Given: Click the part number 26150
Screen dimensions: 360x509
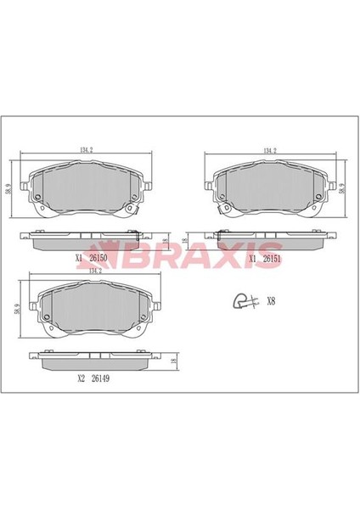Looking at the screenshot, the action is tap(98, 258).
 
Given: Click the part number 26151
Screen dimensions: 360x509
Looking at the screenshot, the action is tap(272, 259).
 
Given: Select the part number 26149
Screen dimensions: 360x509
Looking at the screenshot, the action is tap(100, 378).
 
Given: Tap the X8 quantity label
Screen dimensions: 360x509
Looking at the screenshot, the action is tap(271, 301).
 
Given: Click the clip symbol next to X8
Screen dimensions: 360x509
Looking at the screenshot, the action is tap(246, 301).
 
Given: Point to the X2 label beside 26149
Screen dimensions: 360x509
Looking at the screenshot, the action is tap(81, 378).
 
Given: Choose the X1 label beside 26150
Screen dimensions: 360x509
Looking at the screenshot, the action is tap(79, 258).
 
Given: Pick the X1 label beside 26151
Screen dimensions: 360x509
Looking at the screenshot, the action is tap(252, 259).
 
